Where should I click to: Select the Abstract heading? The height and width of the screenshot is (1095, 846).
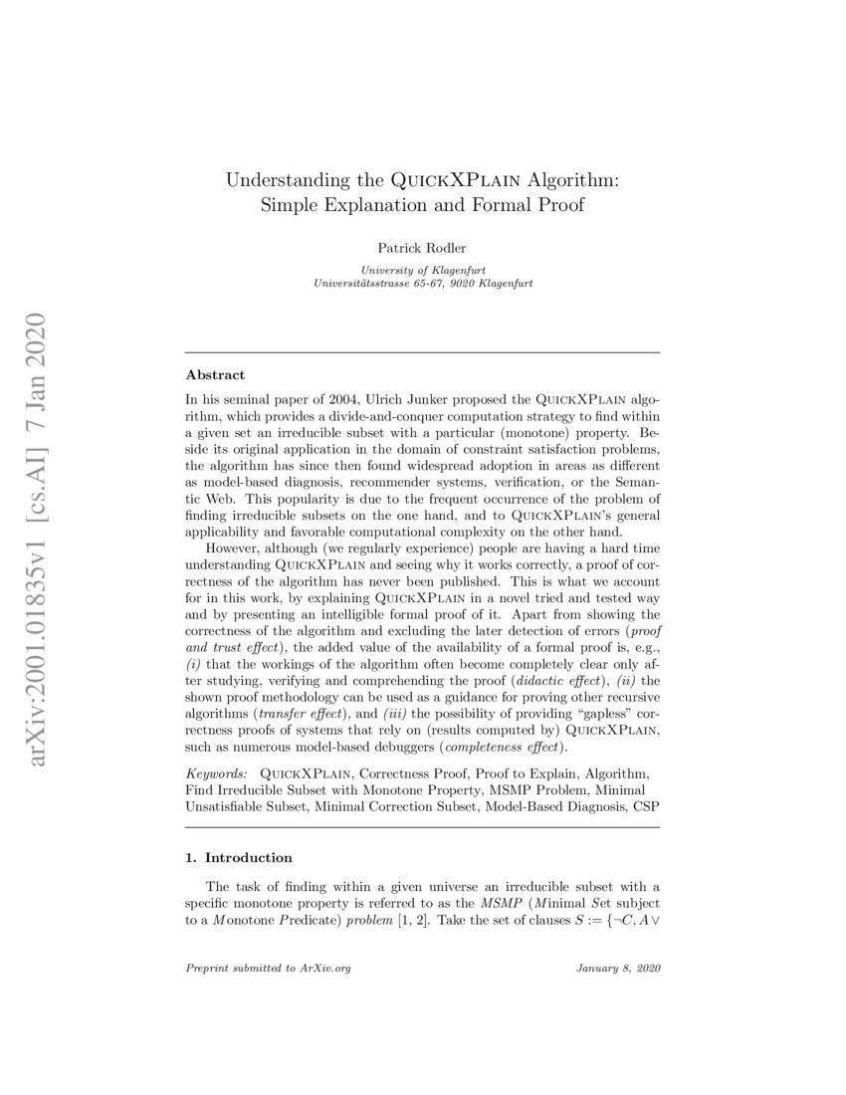(215, 376)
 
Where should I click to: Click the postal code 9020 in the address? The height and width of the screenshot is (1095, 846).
(442, 284)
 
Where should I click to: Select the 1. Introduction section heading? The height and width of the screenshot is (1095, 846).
(239, 857)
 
